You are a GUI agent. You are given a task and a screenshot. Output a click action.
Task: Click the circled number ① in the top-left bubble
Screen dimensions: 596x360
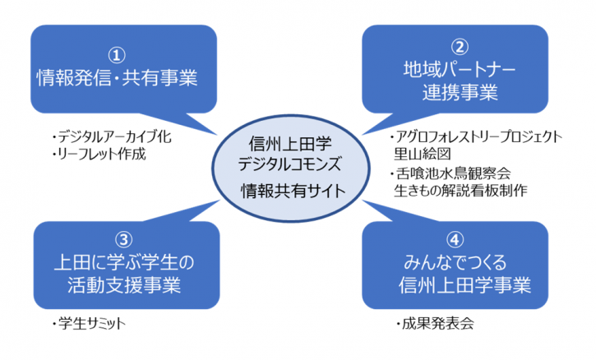point(116,56)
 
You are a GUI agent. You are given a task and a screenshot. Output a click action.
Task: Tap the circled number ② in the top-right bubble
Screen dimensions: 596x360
point(460,47)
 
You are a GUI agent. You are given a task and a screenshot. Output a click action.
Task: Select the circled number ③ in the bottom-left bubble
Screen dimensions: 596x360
point(123,239)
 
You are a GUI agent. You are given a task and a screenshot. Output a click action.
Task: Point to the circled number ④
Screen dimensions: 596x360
point(455,239)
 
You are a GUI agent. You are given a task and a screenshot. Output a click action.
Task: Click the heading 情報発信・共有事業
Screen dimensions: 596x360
point(117,78)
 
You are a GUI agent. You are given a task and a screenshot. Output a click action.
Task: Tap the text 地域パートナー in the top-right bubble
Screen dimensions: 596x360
point(460,70)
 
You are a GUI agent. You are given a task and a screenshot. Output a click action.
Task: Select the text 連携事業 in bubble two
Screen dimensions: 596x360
point(460,92)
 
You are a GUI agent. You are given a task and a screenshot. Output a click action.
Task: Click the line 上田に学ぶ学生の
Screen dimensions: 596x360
point(124,263)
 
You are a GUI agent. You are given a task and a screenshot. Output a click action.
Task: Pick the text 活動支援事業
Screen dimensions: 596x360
point(124,285)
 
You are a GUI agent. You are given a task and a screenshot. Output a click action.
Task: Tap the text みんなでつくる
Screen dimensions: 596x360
point(455,263)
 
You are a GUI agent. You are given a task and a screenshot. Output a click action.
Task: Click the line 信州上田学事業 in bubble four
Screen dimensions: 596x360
point(464,285)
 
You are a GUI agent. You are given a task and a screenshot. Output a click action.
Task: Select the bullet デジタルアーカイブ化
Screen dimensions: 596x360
point(112,137)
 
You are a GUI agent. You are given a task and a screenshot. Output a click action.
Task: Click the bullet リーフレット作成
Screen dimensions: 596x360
point(99,154)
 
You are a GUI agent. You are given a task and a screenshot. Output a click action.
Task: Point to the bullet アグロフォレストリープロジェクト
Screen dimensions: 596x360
point(476,137)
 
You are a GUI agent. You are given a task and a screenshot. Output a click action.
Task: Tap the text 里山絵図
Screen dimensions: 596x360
point(423,154)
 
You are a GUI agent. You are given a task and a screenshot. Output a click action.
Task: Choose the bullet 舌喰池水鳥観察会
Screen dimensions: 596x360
point(450,173)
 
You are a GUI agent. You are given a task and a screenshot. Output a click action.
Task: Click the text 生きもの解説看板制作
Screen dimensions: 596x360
point(460,191)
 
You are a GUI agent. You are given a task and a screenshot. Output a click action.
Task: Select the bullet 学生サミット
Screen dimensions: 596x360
point(89,324)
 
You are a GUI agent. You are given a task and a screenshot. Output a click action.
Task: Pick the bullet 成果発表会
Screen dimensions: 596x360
point(435,324)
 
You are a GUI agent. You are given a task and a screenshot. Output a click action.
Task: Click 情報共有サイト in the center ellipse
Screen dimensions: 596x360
point(293,191)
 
